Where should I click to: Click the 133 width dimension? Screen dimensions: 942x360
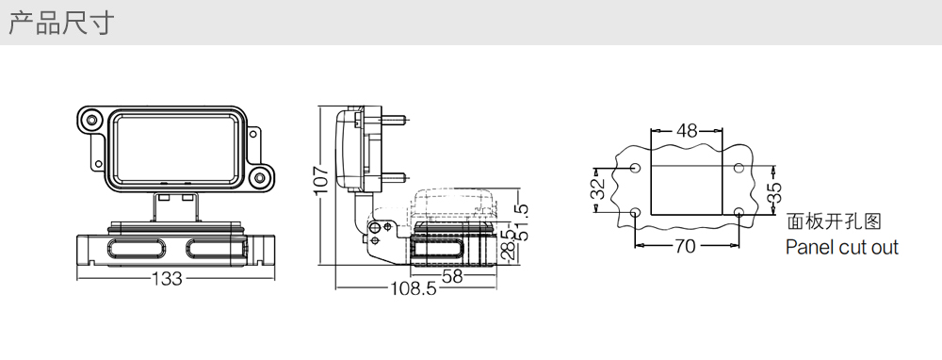pos(167,279)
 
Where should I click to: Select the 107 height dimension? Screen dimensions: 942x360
pos(321,180)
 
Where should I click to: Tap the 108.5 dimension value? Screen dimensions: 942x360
pos(414,289)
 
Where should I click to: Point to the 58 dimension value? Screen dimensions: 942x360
pos(452,276)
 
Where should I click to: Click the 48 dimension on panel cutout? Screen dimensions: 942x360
pos(687,130)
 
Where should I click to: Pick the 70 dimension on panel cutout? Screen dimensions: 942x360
pos(685,246)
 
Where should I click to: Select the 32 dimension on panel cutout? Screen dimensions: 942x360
pos(598,189)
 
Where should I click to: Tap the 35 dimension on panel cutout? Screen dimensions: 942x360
pos(775,192)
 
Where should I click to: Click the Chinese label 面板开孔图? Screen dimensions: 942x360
pos(834,221)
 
